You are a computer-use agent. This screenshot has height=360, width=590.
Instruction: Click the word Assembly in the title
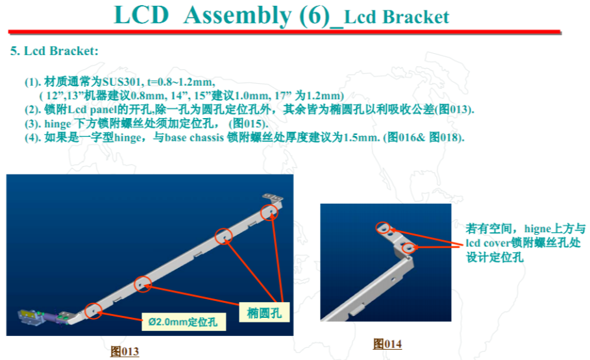pos(238,16)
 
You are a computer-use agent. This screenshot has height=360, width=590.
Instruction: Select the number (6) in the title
pos(315,16)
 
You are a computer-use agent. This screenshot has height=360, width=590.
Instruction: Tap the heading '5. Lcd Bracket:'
pos(55,51)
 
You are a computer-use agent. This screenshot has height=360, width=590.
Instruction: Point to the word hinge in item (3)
pos(58,124)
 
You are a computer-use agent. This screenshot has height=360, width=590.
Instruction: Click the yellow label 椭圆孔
pos(264,313)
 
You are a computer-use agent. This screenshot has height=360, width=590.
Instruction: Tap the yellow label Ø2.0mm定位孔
pos(184,322)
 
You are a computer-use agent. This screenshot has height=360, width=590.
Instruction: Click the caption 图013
pos(125,352)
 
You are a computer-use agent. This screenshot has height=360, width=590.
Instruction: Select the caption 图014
pos(387,343)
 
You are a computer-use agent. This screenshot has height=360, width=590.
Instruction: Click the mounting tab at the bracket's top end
pos(273,197)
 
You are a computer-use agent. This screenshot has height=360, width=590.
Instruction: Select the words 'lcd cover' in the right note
pos(488,243)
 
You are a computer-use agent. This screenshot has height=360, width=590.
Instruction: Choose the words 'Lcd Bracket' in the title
pos(397,18)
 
